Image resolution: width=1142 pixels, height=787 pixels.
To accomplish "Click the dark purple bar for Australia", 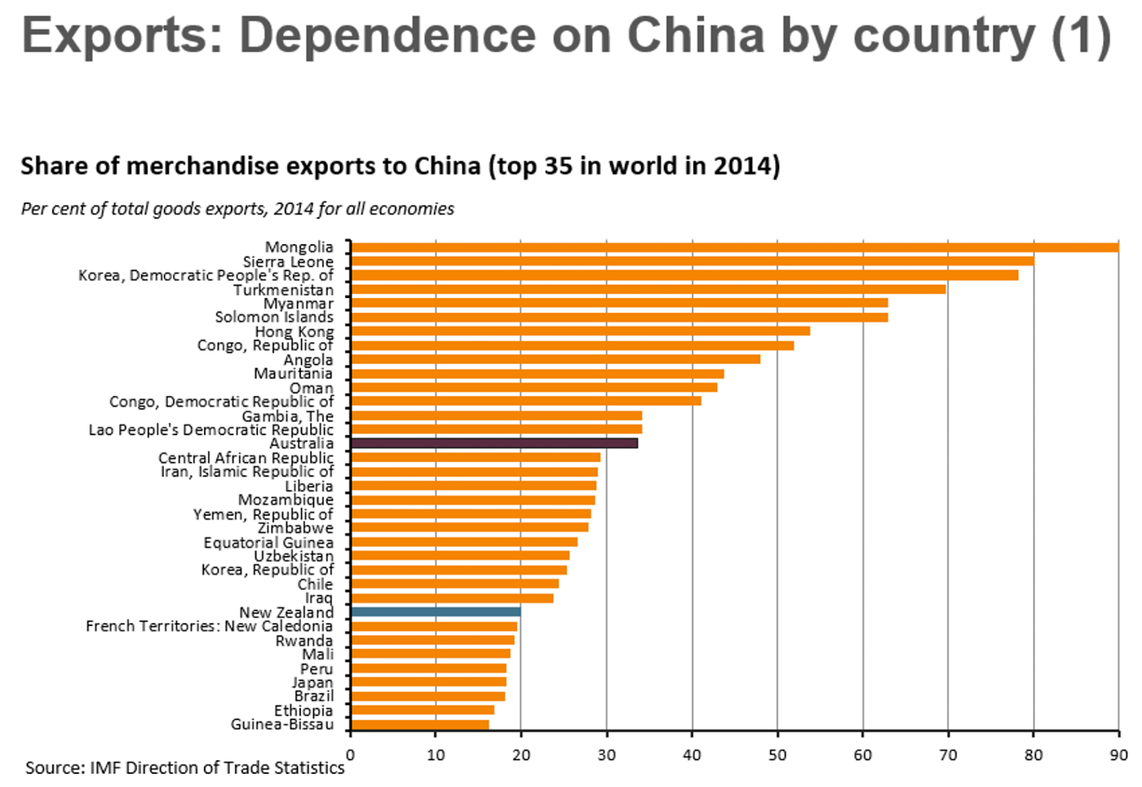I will tap(494, 443).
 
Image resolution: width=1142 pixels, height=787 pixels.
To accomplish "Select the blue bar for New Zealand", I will tap(436, 611).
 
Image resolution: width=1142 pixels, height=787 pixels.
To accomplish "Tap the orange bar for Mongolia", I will tap(734, 247).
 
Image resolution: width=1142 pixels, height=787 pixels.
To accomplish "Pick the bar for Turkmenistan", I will tap(648, 289).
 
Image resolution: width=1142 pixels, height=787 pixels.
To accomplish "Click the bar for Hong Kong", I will tap(580, 331).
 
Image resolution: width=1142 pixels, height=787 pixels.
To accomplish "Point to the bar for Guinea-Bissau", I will tap(419, 724).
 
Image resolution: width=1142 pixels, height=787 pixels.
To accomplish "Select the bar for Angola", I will tap(555, 359).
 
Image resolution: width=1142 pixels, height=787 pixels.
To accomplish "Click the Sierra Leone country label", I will tap(288, 261).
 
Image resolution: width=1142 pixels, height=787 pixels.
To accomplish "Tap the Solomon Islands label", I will tap(274, 317).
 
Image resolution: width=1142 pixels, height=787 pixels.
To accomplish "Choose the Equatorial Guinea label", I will tap(268, 542).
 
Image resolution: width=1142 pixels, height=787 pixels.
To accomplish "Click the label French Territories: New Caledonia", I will tap(209, 626).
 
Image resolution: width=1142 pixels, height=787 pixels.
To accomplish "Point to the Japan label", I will tap(312, 683).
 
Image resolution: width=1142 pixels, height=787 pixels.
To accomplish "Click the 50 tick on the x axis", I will tap(777, 755).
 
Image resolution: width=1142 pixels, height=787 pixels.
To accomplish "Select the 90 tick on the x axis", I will tap(1118, 755).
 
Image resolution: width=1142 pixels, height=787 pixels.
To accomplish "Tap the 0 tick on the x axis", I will tap(351, 755).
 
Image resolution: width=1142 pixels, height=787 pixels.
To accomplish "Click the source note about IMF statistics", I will tap(184, 768).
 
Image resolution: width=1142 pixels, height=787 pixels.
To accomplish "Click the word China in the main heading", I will tap(694, 36).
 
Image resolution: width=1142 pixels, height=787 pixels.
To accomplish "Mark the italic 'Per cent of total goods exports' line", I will tap(237, 209).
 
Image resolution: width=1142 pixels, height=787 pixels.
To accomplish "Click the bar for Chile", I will tap(454, 584).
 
